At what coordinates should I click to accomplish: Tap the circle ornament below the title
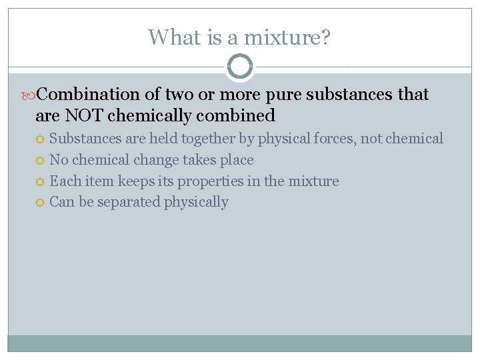240,67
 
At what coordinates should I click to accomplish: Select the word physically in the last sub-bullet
197,202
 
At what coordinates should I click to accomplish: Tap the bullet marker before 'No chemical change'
41,160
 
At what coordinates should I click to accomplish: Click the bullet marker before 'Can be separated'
41,203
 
